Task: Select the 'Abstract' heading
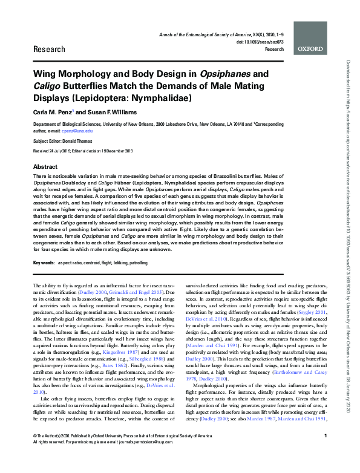[x=45, y=166]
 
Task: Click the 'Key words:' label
[x=44, y=264]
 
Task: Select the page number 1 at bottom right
[x=326, y=453]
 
